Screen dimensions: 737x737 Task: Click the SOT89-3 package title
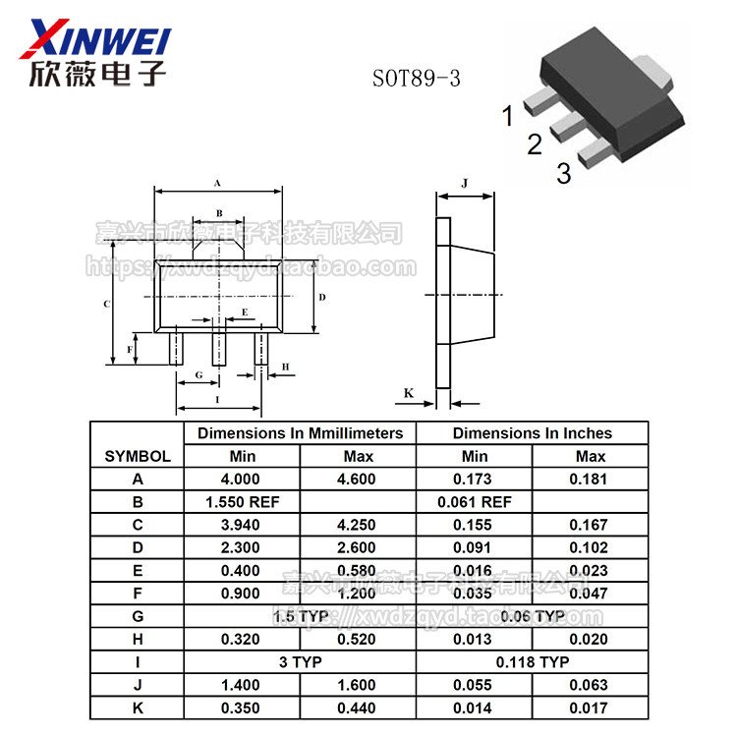[x=416, y=79]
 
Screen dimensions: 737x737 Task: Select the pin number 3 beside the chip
[x=563, y=175]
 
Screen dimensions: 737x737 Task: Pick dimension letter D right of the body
[x=321, y=296]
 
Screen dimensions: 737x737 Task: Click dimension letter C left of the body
[x=105, y=304]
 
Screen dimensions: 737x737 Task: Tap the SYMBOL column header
[x=138, y=456]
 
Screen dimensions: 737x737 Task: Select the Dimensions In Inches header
[x=532, y=432]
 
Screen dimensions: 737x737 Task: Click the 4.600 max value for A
[x=358, y=480]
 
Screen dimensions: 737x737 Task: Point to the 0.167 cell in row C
[x=590, y=525]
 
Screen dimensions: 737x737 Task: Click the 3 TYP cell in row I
[x=300, y=662]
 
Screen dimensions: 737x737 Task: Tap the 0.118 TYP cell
[x=532, y=662]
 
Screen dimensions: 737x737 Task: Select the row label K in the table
[x=138, y=709]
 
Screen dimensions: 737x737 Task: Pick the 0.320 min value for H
[x=241, y=640]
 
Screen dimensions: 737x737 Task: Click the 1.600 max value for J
[x=358, y=685]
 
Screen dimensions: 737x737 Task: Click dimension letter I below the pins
[x=217, y=400]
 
